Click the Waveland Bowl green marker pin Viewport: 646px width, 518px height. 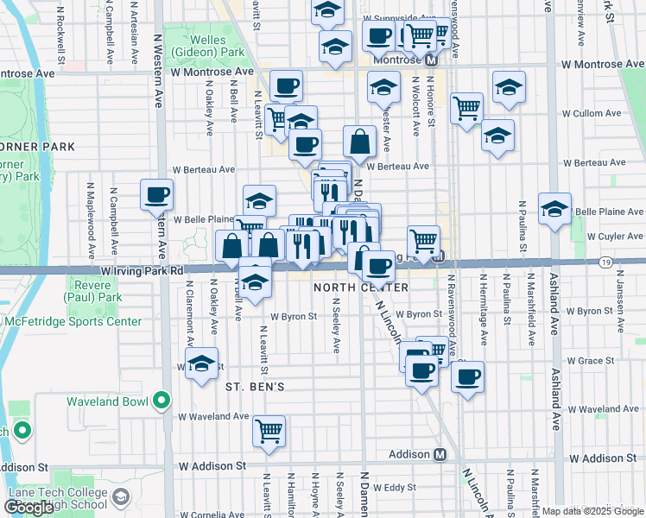161,401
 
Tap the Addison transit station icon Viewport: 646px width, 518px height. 440,455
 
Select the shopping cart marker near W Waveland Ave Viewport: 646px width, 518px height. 269,429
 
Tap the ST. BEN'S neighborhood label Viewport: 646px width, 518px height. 255,386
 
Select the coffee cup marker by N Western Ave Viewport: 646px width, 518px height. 157,195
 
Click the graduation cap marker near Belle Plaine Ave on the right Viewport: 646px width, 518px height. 554,209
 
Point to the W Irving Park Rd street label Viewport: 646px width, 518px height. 142,270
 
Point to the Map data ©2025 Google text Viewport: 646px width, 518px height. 593,511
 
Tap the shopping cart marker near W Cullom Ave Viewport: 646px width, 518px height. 466,108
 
